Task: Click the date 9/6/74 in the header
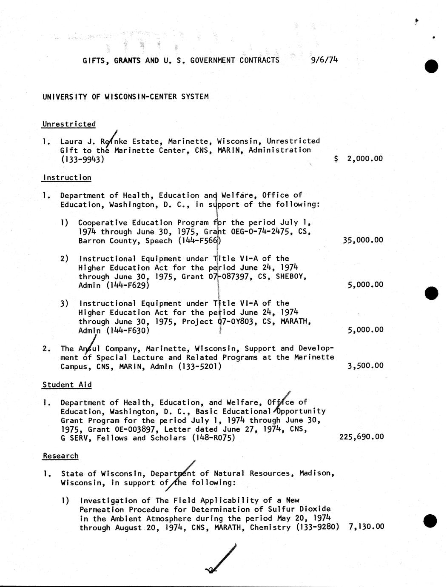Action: tap(324, 60)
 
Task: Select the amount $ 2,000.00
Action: tap(359, 159)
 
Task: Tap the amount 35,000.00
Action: tap(363, 240)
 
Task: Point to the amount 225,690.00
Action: tap(362, 437)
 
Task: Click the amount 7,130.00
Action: tap(366, 527)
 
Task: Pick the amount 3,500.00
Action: tap(365, 366)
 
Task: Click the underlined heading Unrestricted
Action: tap(69, 124)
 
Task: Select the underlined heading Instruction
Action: tap(67, 178)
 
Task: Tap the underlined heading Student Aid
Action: tap(67, 385)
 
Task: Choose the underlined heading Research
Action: tap(61, 456)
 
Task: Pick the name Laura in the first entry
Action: tap(71, 141)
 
